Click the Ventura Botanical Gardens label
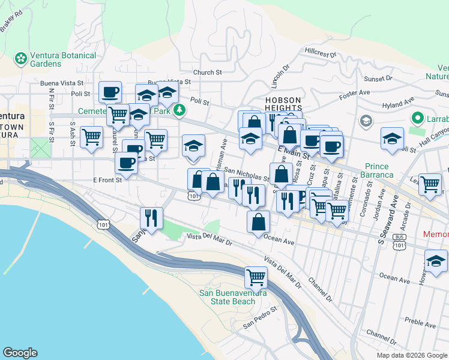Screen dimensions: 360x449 point(62,59)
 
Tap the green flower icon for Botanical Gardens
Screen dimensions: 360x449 point(21,59)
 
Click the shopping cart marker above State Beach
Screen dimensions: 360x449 point(256,277)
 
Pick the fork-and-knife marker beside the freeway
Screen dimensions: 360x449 point(151,218)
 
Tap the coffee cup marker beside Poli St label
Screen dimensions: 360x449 point(110,92)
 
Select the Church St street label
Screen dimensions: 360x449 point(208,73)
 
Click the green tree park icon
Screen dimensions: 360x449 point(179,110)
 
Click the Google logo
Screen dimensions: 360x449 point(20,353)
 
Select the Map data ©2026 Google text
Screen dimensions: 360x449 point(412,355)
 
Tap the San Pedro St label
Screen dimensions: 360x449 point(259,318)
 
